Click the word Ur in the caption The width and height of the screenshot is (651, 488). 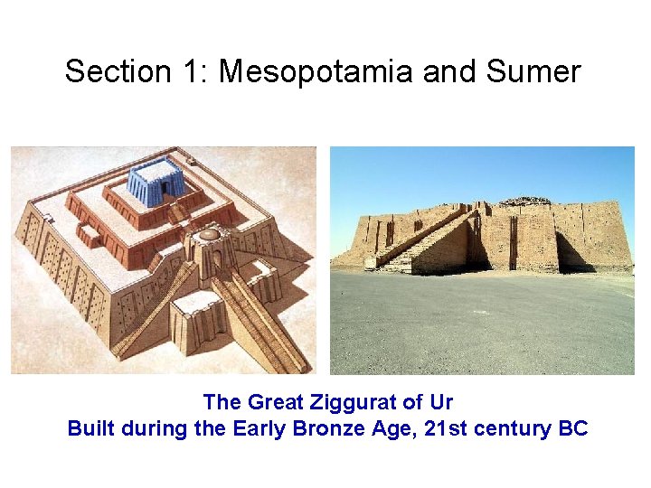point(440,401)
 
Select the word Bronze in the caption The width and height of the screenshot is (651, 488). point(328,428)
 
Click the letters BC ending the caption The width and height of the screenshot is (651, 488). point(573,428)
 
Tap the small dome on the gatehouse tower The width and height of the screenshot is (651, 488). point(209,235)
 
